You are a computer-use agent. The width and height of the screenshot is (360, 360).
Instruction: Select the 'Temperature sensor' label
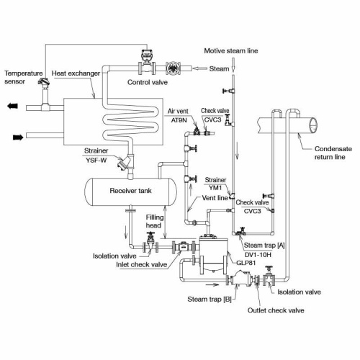click(x=24, y=78)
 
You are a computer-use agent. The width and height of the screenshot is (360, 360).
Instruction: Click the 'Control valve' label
click(x=148, y=82)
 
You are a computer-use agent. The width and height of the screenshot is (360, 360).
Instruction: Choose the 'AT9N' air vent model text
click(x=178, y=121)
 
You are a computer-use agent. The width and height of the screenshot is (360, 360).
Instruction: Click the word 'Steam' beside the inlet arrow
click(x=218, y=69)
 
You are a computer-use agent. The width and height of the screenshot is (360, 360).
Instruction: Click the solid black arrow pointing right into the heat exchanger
click(x=14, y=135)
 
